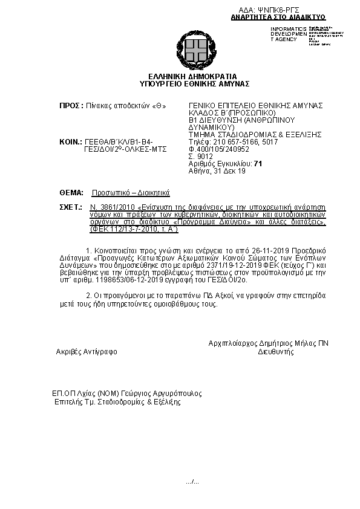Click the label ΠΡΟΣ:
point(71,105)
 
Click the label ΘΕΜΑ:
point(71,192)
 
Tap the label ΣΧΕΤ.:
point(70,207)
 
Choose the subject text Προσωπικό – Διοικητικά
point(131,192)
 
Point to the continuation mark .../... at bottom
point(192,481)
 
